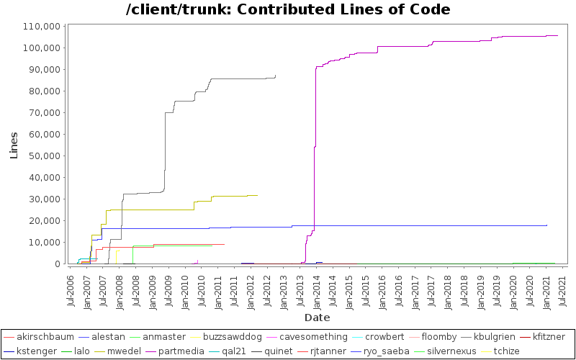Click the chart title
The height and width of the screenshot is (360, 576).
tap(288, 10)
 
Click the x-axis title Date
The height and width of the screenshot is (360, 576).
tap(317, 317)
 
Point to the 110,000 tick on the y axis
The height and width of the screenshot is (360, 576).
tap(41, 26)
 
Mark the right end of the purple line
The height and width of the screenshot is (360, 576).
tap(557, 35)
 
